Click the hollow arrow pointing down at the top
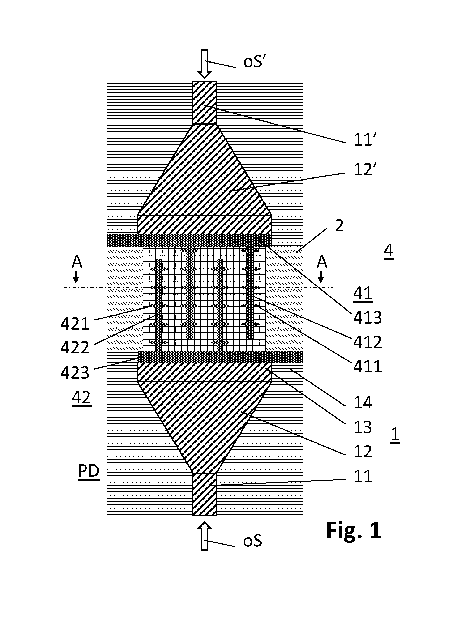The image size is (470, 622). (205, 64)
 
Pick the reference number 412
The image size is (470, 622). (367, 342)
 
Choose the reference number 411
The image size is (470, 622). (367, 367)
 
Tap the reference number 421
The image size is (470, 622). (75, 324)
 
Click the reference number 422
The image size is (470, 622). (75, 348)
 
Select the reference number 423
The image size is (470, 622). (75, 373)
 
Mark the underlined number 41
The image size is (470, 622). (363, 293)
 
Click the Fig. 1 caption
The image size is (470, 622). (354, 530)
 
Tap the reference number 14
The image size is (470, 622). (363, 403)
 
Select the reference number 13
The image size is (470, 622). (363, 427)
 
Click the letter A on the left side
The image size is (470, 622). (77, 262)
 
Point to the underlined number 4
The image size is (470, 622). (389, 250)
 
